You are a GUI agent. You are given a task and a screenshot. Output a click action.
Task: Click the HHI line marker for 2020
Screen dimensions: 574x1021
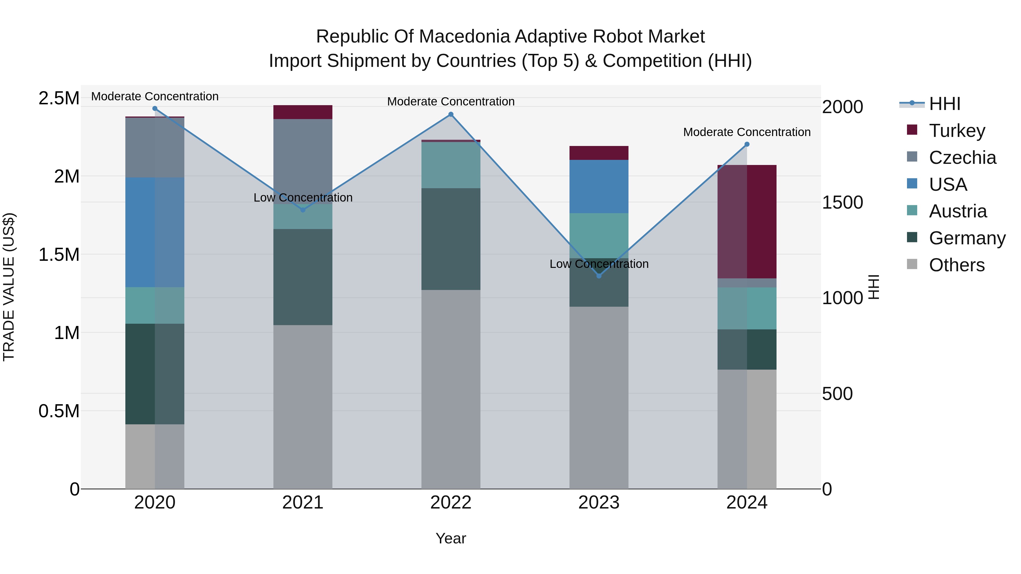[155, 109]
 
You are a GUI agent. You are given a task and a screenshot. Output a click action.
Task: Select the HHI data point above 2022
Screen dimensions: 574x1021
[451, 115]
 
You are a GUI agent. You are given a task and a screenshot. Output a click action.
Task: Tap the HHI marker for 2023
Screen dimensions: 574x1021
[599, 276]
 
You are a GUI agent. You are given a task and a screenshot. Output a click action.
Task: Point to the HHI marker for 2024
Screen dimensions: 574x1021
[747, 145]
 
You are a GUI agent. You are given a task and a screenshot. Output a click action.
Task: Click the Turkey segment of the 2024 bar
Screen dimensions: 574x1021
[747, 222]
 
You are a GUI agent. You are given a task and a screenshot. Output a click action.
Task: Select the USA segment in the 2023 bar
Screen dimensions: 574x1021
[599, 187]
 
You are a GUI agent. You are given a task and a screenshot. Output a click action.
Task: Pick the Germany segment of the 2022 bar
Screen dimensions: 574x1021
[451, 239]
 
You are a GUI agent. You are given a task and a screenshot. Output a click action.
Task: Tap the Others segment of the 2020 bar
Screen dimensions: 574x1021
[155, 456]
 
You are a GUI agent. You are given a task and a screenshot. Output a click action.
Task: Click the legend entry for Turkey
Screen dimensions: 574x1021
[956, 131]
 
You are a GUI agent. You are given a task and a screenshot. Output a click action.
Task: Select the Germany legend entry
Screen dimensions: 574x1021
[967, 238]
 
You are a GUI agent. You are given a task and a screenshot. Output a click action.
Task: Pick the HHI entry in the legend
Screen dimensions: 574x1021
[944, 104]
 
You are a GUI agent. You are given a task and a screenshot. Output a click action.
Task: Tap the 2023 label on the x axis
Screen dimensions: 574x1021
[599, 503]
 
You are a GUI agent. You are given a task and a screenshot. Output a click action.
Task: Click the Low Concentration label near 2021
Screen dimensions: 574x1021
[303, 197]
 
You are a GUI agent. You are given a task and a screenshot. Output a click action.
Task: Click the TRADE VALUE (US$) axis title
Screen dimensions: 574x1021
[9, 287]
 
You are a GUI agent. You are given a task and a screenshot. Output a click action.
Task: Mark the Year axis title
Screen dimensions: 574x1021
[451, 538]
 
